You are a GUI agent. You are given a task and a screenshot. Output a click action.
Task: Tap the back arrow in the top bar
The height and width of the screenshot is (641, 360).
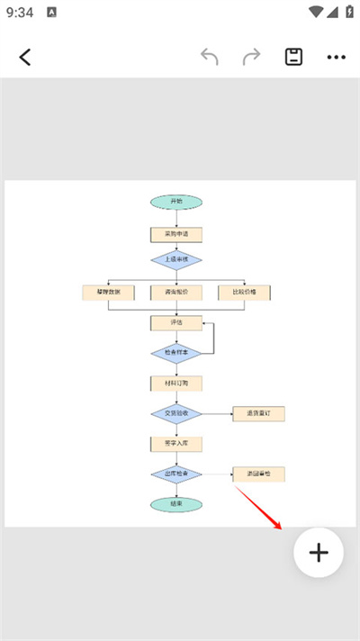pos(25,57)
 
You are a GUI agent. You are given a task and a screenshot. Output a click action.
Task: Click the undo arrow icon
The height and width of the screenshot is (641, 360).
pos(210,57)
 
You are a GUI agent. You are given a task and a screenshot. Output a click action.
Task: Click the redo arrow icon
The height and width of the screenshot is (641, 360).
pos(251,57)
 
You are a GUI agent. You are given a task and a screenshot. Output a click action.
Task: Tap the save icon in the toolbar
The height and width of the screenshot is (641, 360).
pos(293,57)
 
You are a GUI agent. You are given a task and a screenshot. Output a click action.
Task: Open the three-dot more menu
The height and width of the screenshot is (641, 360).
pos(336,57)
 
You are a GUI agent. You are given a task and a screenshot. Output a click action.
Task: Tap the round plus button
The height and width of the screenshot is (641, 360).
pos(319,552)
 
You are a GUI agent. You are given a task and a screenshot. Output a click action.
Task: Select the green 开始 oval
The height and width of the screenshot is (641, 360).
pos(176,202)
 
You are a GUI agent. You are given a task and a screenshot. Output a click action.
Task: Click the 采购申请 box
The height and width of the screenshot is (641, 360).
pos(176,234)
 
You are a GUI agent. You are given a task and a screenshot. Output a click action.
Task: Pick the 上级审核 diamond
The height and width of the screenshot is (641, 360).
pos(176,260)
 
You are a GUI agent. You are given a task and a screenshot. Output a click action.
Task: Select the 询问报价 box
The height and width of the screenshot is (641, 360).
pos(176,293)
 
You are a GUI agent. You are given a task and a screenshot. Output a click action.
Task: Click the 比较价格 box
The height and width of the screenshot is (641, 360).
pos(244,293)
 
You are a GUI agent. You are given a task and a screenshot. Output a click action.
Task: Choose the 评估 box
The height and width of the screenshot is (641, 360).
pos(176,321)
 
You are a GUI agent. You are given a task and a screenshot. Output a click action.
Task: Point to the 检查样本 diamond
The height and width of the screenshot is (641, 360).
pos(176,353)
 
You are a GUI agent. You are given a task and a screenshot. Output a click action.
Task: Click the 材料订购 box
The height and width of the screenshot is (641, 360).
pos(176,383)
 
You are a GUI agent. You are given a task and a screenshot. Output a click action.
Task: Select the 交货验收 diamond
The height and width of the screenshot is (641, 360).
pos(176,414)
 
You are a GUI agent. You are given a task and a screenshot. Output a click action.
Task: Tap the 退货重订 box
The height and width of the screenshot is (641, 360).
pos(258,414)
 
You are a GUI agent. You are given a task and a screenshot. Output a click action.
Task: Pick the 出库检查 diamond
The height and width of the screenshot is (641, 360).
pos(176,474)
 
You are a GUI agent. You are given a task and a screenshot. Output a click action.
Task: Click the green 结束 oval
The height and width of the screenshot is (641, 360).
pos(176,504)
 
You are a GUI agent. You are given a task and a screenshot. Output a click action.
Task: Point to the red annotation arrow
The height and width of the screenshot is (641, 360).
pos(261,509)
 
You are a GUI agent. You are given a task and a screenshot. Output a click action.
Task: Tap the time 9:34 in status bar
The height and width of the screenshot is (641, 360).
pos(20,13)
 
